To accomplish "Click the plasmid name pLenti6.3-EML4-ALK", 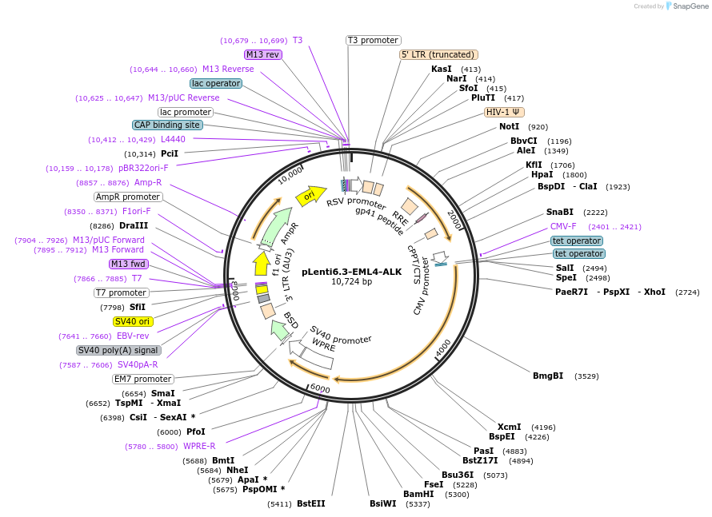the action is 351,272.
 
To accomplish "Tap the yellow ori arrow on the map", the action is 311,195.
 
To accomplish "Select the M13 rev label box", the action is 263,54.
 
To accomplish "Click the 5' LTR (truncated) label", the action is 438,54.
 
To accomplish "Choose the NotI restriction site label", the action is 509,126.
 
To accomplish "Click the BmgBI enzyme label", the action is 548,376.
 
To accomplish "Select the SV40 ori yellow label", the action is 132,321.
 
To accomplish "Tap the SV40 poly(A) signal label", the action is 118,350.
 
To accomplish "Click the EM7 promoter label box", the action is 142,379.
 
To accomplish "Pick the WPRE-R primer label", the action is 199,446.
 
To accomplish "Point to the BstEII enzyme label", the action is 311,504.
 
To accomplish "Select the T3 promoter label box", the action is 374,41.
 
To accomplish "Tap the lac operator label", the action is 216,83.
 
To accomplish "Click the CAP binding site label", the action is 167,125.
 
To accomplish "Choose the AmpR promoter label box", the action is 128,197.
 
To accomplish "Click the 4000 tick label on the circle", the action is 442,348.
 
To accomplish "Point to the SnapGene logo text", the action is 690,6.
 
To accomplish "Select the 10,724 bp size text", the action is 351,281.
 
